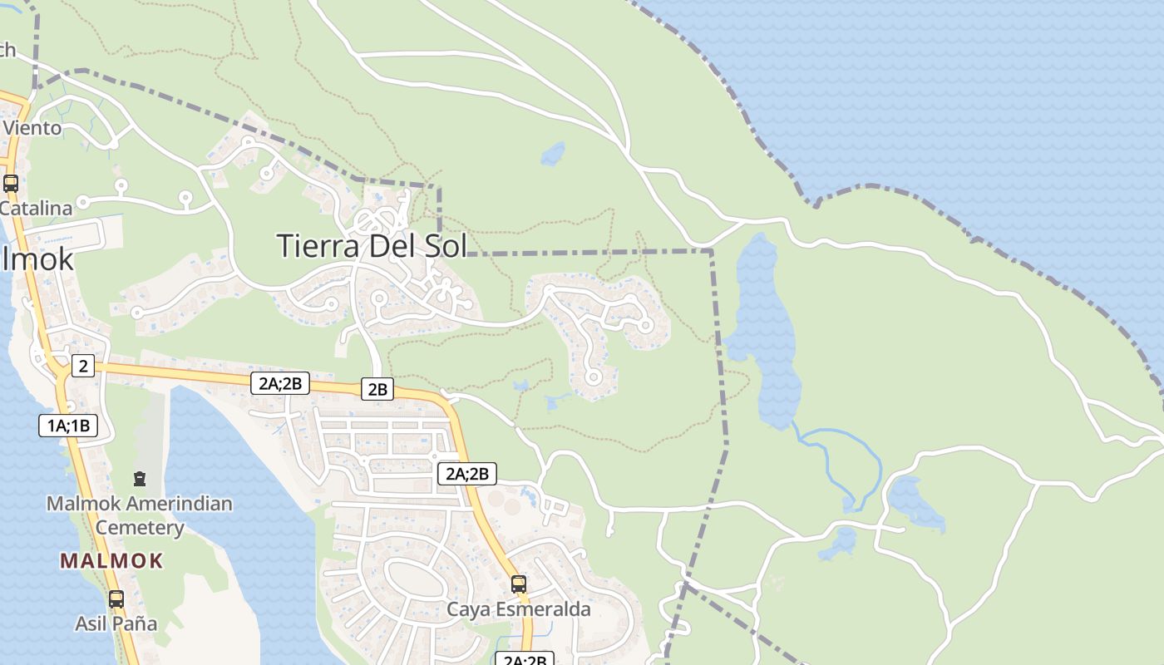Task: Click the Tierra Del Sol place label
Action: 371,246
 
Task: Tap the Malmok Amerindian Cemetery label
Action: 140,515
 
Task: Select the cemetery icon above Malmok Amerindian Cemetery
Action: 140,479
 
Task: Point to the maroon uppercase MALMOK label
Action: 111,561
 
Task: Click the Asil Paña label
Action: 116,623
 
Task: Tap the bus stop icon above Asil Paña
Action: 116,598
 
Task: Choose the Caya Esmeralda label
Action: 519,609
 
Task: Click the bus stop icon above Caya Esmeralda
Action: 519,584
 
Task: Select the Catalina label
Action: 37,208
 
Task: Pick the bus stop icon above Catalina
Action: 11,184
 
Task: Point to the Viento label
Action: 33,128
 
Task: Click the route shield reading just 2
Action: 82,366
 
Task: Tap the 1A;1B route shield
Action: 68,426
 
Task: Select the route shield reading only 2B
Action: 377,389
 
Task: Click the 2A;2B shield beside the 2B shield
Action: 280,383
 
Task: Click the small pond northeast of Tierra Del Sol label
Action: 552,154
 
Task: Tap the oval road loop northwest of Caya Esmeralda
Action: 417,579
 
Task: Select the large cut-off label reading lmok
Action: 37,259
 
